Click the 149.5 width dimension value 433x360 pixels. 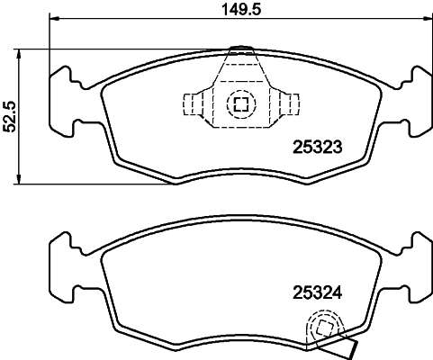tap(241, 9)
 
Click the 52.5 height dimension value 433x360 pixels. tap(9, 117)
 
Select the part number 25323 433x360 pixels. tap(317, 147)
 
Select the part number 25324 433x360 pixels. tap(317, 292)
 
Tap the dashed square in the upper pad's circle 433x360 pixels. tap(241, 103)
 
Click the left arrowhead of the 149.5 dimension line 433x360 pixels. tap(53, 19)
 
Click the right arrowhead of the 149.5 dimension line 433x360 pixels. tap(428, 19)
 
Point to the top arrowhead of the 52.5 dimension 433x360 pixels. tap(19, 54)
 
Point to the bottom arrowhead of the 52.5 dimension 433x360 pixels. tap(19, 179)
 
